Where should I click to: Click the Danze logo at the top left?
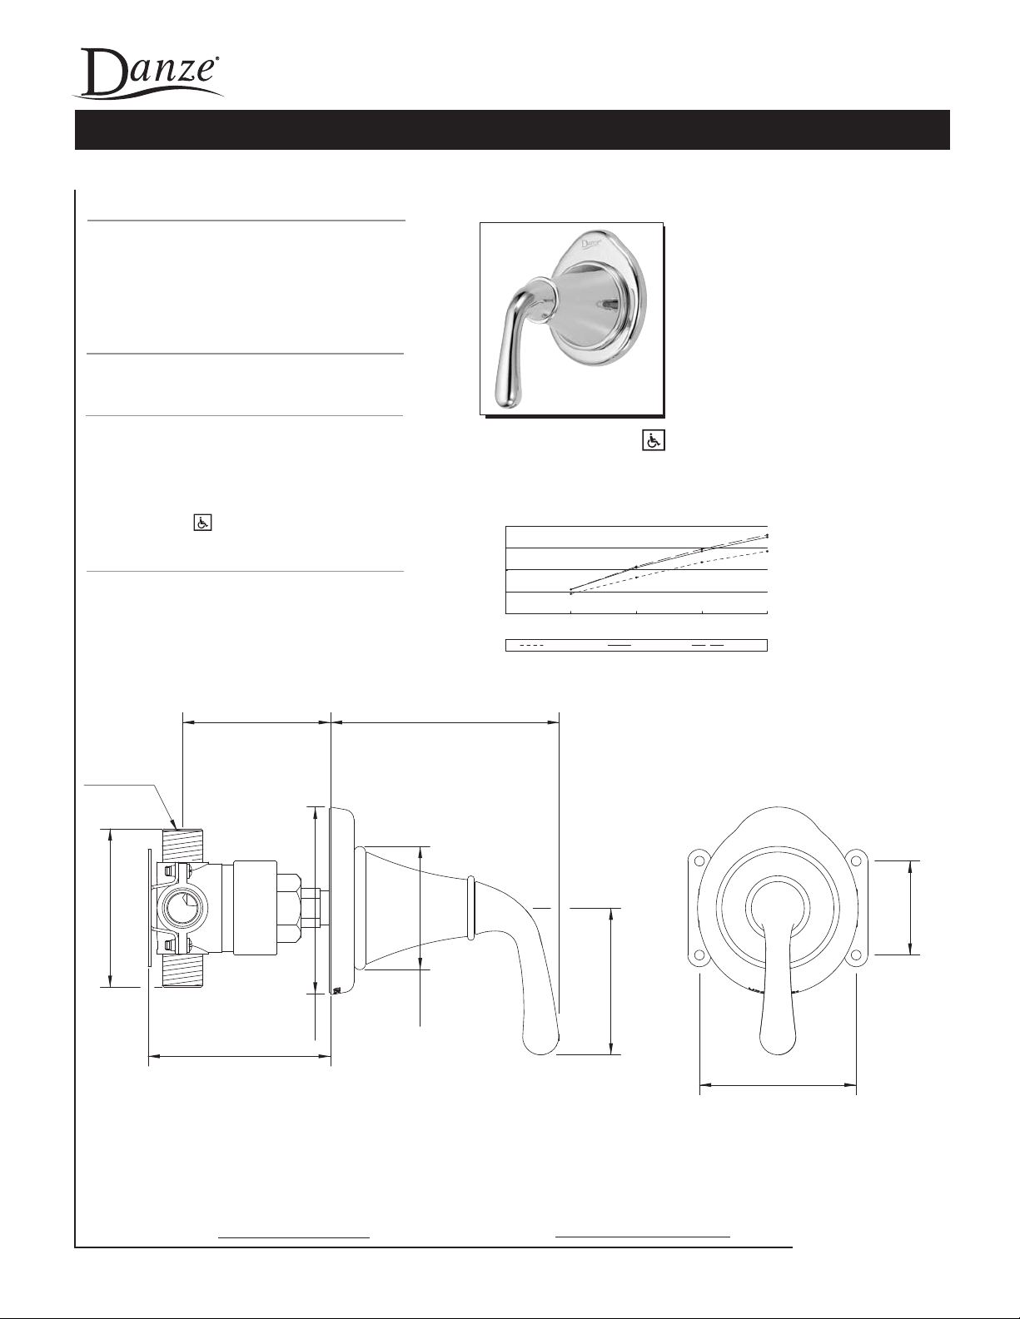[x=147, y=72]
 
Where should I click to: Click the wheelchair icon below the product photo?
[x=654, y=440]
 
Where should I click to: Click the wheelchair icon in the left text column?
[x=203, y=522]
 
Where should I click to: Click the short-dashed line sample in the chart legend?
[x=531, y=645]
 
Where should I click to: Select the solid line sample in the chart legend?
[x=619, y=645]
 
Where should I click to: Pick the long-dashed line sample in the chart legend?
[x=709, y=645]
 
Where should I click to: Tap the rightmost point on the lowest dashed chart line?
[x=768, y=551]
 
